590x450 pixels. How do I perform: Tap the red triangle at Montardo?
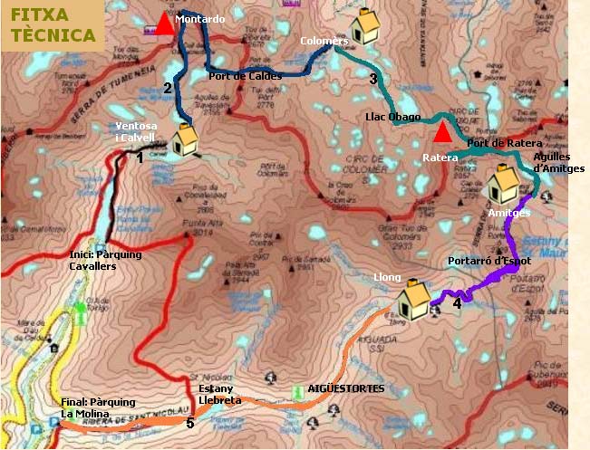click(x=164, y=24)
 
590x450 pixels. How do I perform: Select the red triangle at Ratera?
click(x=441, y=134)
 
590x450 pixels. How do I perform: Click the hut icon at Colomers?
click(x=364, y=27)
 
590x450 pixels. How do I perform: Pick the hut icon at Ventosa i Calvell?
click(x=186, y=139)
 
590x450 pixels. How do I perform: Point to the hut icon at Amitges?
click(x=503, y=187)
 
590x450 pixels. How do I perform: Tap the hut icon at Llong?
click(x=414, y=296)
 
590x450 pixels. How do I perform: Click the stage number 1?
click(x=140, y=158)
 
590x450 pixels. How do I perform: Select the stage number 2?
click(x=168, y=88)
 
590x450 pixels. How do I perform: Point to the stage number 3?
click(x=372, y=79)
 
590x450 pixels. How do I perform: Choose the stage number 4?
click(x=457, y=304)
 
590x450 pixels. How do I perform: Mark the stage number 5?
click(x=189, y=423)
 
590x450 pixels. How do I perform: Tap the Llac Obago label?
click(x=392, y=117)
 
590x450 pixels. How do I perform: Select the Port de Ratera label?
click(x=504, y=143)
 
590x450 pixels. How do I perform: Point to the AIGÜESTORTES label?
click(x=346, y=388)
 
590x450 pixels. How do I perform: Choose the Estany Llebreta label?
click(x=220, y=394)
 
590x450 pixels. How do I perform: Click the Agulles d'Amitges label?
click(x=553, y=161)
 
